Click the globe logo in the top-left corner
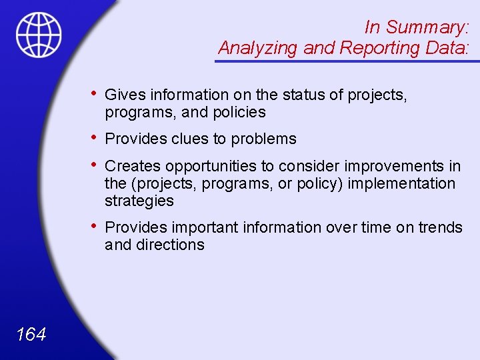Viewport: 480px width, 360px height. pos(39,35)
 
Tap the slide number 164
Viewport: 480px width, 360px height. pos(31,334)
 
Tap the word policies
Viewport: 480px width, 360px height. pos(239,113)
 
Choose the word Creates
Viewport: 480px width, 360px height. pos(133,166)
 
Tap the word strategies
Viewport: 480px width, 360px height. pos(139,201)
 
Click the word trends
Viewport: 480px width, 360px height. pos(440,227)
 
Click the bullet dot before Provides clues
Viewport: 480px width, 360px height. pos(95,138)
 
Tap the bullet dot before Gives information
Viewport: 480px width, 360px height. pos(95,94)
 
